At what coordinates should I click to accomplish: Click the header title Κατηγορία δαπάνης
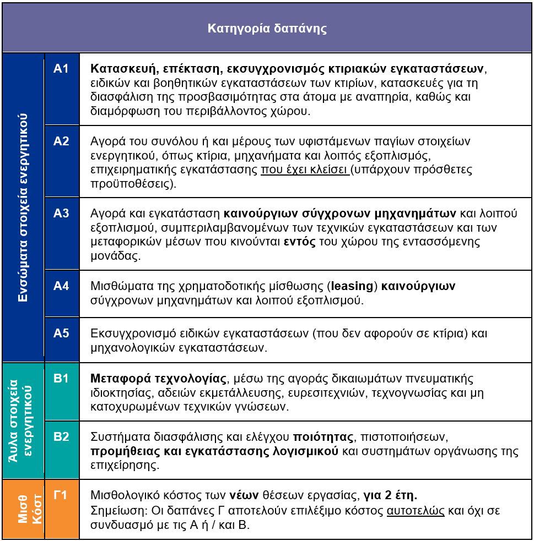pyautogui.click(x=267, y=29)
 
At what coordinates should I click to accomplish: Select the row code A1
pyautogui.click(x=61, y=69)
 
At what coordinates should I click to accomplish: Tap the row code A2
pyautogui.click(x=61, y=141)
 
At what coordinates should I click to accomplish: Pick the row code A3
pyautogui.click(x=61, y=214)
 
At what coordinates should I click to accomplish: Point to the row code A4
pyautogui.click(x=61, y=286)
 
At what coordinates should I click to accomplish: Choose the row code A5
pyautogui.click(x=61, y=333)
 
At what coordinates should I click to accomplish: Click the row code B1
pyautogui.click(x=61, y=379)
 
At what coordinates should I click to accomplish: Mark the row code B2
pyautogui.click(x=61, y=437)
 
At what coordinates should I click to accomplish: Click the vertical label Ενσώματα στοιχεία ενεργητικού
pyautogui.click(x=23, y=208)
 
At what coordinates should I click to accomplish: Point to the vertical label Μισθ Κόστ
pyautogui.click(x=23, y=509)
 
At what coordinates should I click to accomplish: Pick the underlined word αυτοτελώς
pyautogui.click(x=416, y=510)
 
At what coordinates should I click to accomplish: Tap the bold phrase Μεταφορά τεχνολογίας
pyautogui.click(x=158, y=379)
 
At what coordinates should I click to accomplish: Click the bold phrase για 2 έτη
pyautogui.click(x=394, y=495)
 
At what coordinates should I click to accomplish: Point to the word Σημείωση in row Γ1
pyautogui.click(x=114, y=510)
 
